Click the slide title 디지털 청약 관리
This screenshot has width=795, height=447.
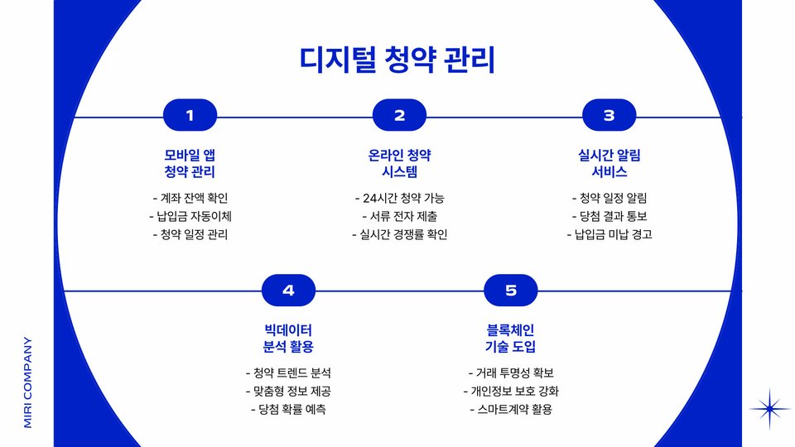397,60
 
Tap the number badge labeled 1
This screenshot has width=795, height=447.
190,116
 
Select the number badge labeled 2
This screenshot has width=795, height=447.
399,116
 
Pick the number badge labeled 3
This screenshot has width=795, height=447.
609,116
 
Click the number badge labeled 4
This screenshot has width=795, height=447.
288,291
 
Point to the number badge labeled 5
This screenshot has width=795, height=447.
511,291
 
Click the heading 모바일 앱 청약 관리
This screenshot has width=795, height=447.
190,164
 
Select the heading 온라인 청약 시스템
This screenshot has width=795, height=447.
399,164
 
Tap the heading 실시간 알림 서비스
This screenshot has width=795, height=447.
609,164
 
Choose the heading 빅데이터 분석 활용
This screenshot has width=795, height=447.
288,338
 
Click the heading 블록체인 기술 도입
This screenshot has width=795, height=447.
511,338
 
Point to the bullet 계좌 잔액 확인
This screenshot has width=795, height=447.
190,198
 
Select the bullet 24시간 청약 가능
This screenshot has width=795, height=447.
399,198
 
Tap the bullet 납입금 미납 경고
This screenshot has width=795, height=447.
609,234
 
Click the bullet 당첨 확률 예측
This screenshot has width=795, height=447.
288,409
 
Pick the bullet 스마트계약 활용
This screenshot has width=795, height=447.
511,409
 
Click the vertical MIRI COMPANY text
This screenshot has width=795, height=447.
28,382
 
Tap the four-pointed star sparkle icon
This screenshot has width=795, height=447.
770,408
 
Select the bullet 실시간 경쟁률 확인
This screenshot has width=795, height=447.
399,234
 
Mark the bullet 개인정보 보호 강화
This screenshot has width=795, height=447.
511,391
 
